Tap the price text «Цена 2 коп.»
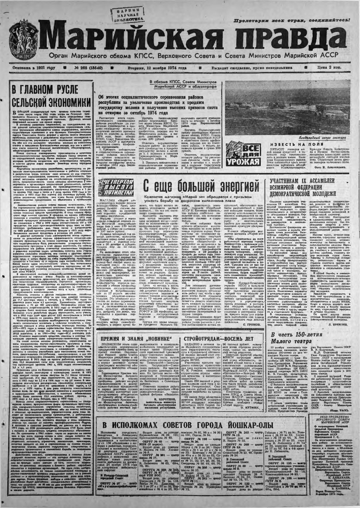330,68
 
